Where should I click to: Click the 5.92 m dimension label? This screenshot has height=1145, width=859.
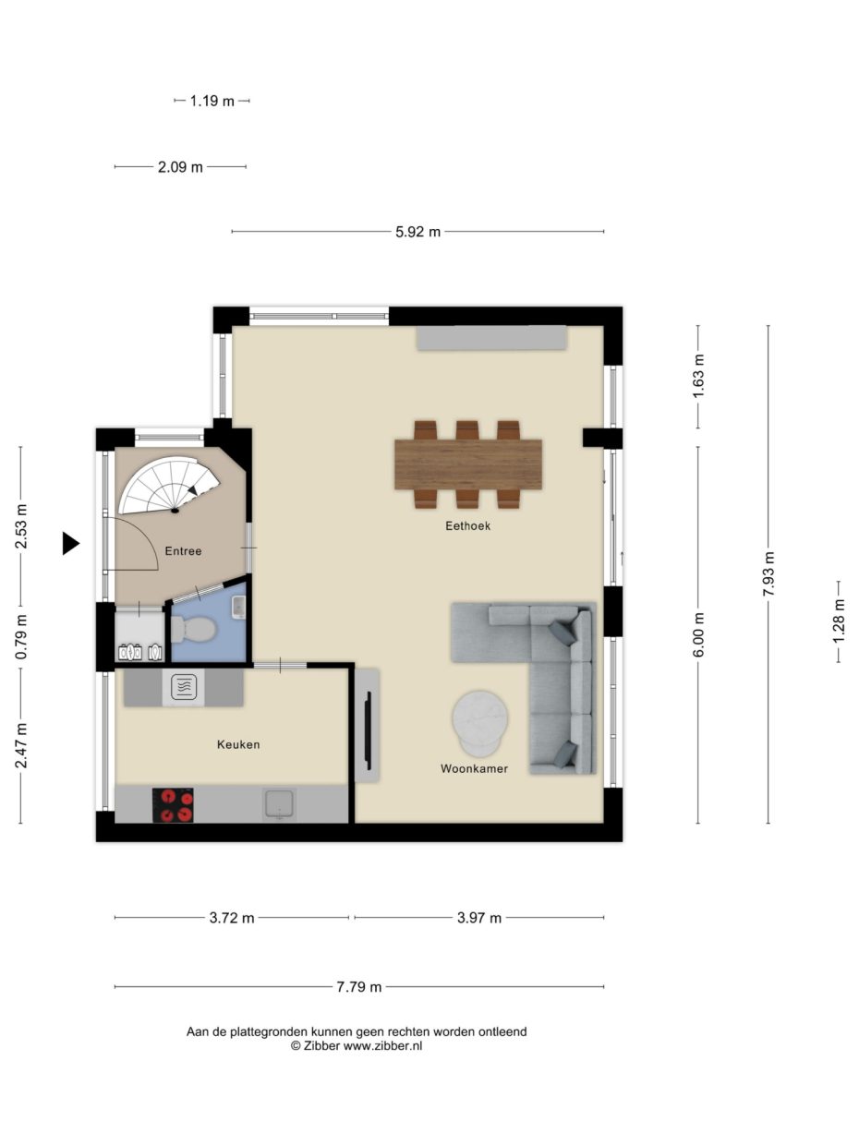417,232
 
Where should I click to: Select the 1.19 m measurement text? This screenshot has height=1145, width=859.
212,101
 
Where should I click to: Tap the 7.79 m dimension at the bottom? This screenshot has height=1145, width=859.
358,987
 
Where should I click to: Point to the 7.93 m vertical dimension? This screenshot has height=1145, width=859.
768,573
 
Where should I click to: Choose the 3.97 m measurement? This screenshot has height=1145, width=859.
479,918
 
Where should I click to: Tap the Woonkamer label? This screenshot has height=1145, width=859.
474,768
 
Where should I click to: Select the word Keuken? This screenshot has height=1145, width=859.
238,744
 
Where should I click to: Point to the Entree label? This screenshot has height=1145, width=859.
183,551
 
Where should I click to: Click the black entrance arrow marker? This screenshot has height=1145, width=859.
70,544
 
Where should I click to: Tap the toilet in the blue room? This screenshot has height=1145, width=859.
195,630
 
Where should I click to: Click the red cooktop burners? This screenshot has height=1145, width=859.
173,804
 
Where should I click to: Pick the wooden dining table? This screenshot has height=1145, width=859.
467,464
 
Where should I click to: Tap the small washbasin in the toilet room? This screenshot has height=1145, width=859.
238,606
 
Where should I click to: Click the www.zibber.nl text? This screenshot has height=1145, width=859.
382,1046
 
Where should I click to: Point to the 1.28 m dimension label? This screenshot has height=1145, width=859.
839,621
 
